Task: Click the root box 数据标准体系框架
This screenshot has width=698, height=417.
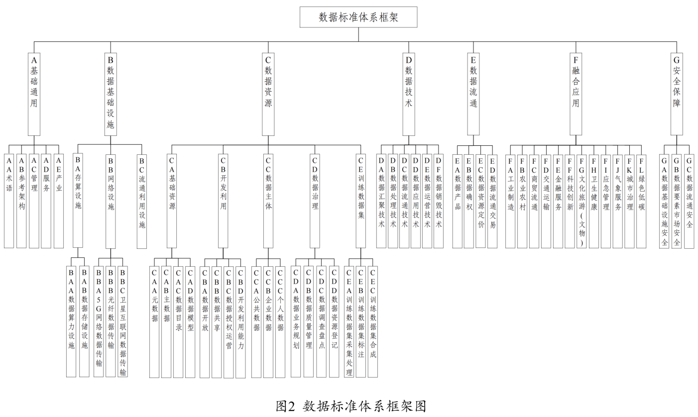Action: click(358, 17)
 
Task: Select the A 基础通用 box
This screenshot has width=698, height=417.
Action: click(34, 94)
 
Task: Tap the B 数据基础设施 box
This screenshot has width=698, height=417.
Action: click(111, 94)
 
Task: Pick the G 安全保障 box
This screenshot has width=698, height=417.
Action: click(677, 94)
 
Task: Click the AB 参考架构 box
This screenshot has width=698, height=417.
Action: click(21, 201)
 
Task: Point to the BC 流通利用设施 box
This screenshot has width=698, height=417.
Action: click(142, 201)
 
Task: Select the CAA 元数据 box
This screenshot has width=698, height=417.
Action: click(155, 321)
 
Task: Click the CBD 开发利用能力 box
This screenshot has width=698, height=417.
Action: click(240, 321)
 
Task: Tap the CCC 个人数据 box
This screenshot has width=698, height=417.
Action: click(280, 321)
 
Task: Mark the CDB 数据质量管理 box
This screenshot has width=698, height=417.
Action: click(309, 321)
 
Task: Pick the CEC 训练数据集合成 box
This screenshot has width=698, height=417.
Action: click(373, 321)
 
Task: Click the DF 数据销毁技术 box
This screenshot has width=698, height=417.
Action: click(439, 201)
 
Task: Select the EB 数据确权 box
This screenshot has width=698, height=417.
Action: click(468, 201)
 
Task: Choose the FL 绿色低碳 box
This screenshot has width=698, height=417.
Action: click(642, 201)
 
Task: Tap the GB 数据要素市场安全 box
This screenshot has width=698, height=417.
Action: click(677, 201)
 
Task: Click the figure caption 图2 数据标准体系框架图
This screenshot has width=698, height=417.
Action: click(351, 406)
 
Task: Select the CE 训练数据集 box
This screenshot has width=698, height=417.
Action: click(361, 201)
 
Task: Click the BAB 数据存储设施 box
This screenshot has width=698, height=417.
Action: click(84, 321)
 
